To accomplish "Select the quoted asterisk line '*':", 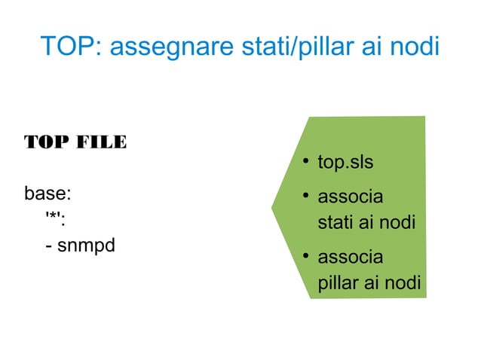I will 55,219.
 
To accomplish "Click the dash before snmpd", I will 49,246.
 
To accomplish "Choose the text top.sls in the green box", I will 345,163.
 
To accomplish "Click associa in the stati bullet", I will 350,197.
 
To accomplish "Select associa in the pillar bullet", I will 350,258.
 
